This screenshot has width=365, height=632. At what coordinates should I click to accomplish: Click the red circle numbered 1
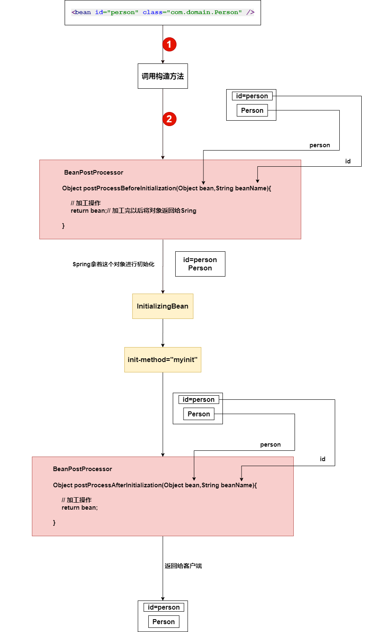169,44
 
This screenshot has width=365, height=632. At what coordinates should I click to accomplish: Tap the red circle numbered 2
169,119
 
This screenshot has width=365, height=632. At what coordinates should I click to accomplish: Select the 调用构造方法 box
163,76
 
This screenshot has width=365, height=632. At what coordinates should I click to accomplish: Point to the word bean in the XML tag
83,12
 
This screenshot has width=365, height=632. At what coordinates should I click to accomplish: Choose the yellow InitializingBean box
163,306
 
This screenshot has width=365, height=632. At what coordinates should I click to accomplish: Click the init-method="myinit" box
163,360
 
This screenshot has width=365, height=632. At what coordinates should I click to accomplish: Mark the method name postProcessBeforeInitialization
130,188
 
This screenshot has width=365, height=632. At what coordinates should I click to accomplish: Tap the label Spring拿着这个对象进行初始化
113,264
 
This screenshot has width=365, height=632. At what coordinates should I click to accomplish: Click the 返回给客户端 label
183,566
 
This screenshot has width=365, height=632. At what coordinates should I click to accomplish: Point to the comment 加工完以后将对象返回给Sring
154,211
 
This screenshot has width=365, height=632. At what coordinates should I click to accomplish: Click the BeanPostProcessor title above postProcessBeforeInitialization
94,173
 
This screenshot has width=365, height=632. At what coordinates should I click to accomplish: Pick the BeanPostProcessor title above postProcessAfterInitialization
82,469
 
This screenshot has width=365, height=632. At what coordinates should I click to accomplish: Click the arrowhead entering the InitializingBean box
163,292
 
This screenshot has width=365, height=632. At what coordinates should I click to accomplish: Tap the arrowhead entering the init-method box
163,345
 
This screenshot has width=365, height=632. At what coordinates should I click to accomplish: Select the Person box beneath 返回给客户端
164,622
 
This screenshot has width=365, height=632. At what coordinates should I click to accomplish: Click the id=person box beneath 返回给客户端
164,607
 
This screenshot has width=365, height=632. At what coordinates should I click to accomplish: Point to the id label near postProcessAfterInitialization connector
322,459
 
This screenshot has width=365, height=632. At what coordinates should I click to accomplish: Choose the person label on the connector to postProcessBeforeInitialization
319,145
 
